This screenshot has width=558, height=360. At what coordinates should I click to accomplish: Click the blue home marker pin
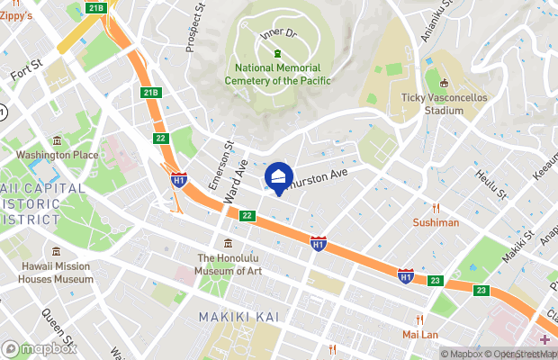point(279,177)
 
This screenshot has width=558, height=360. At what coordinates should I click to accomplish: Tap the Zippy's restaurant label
point(16,15)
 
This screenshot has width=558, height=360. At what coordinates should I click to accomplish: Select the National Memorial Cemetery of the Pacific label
point(283,75)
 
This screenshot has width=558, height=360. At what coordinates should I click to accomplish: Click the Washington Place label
point(57,155)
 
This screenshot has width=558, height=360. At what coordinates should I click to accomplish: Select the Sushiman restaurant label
point(436,221)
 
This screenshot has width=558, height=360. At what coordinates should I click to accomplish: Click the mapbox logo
point(39,348)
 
